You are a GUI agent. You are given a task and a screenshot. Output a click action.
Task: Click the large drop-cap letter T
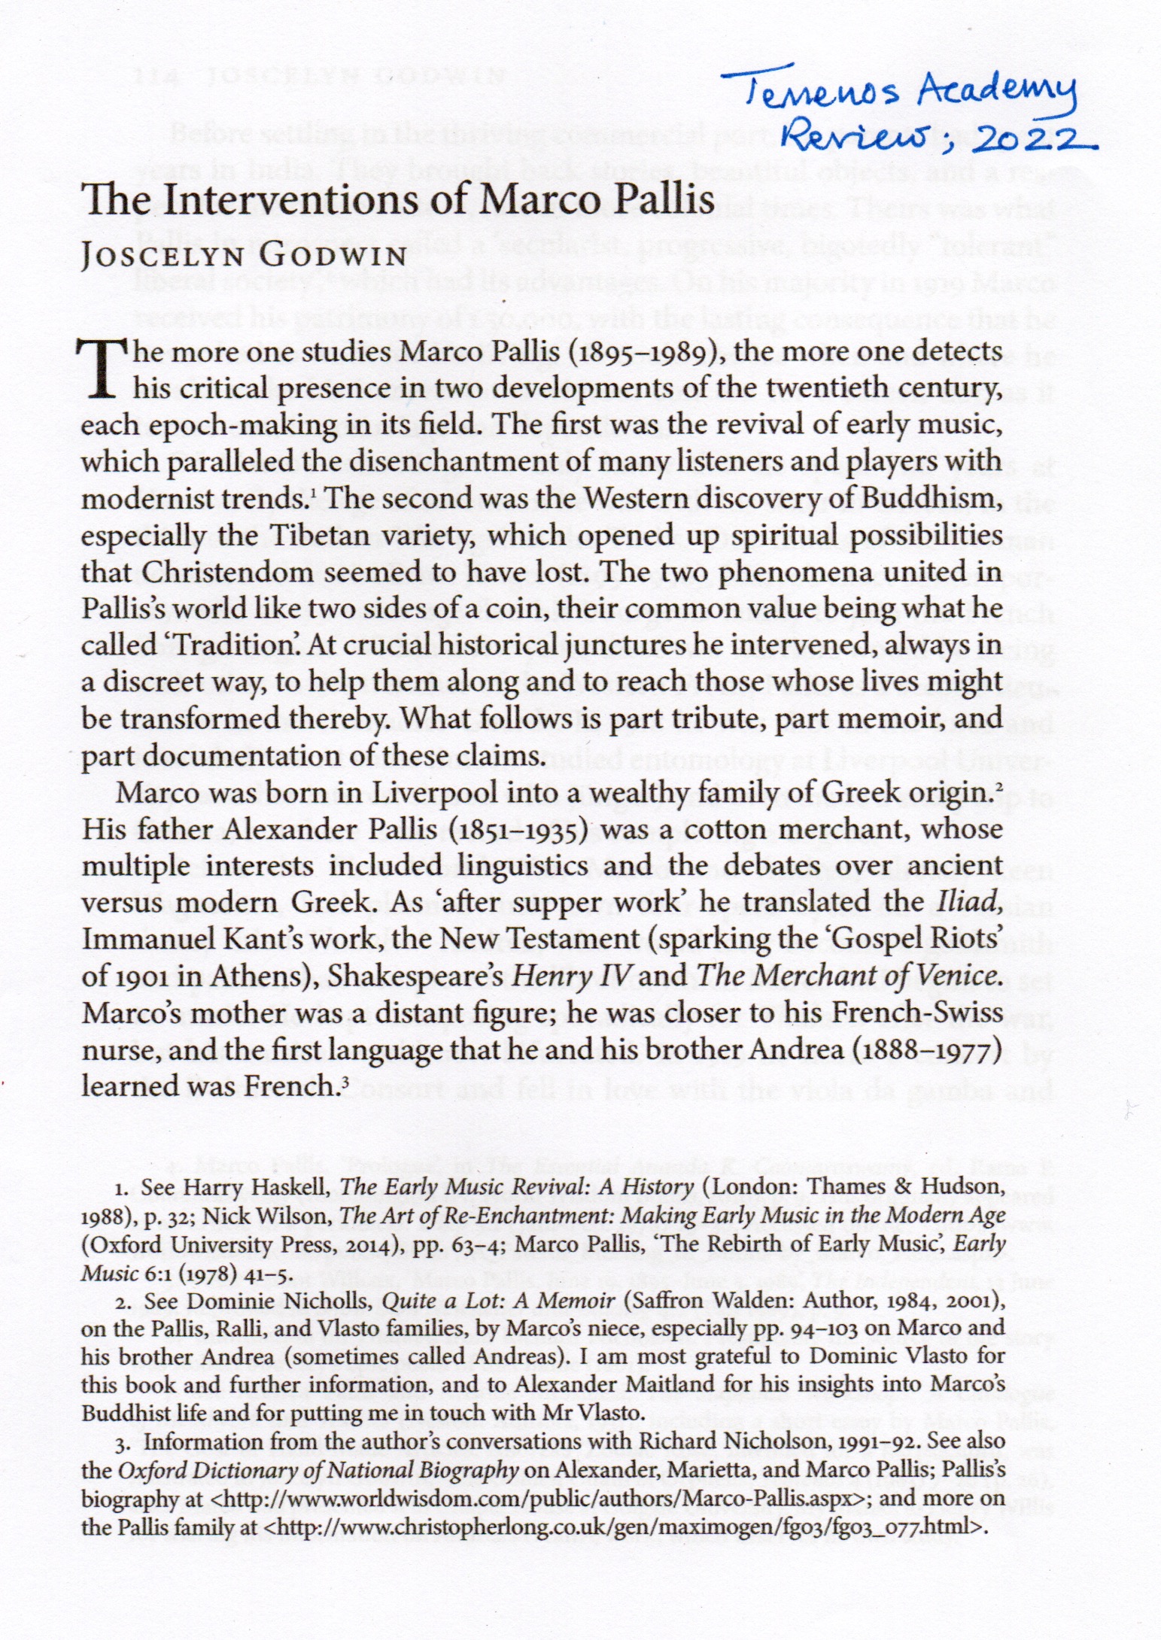tap(102, 369)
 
